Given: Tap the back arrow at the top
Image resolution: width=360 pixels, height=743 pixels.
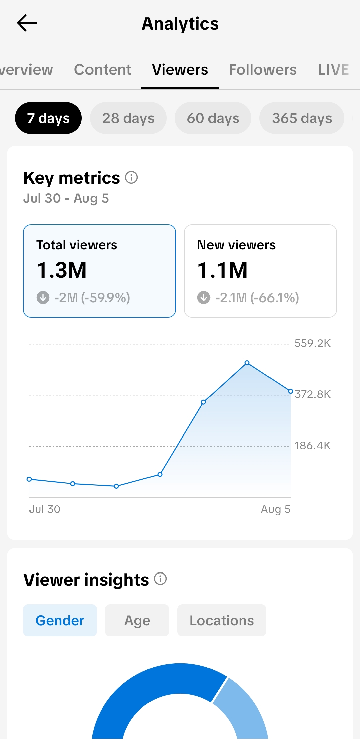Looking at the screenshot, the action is (x=27, y=23).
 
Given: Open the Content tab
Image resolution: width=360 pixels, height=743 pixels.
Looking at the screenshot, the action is (x=103, y=70).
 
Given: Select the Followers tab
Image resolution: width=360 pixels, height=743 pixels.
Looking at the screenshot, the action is (x=263, y=70).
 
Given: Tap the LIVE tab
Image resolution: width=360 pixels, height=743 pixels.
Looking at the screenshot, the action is (x=333, y=70).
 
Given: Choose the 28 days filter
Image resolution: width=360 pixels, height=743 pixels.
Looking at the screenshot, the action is (x=128, y=118).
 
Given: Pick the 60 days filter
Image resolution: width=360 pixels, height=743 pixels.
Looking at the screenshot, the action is (x=213, y=118).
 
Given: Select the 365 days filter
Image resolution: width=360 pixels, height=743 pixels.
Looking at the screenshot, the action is (x=302, y=118).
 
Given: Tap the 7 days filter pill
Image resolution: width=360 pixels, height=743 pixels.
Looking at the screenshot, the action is (x=48, y=118).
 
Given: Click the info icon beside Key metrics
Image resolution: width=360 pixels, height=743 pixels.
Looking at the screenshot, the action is (x=131, y=177).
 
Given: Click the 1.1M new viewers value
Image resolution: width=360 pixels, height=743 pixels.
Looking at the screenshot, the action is (x=222, y=270).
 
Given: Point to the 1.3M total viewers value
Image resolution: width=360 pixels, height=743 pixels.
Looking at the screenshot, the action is (x=62, y=270).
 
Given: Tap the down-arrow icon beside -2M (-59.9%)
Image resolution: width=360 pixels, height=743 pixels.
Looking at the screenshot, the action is (x=43, y=298).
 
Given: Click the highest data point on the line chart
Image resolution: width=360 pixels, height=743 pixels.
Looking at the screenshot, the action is (x=247, y=363).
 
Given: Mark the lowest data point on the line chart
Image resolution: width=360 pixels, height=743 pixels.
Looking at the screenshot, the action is (x=116, y=486).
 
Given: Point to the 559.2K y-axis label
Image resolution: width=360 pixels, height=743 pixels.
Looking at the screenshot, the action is (x=313, y=343).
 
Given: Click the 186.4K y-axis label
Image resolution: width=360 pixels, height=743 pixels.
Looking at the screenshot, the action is (x=313, y=446).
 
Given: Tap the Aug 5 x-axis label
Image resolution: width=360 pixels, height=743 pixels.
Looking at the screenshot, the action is (x=276, y=509).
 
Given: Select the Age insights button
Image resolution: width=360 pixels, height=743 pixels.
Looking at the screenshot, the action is (x=137, y=620).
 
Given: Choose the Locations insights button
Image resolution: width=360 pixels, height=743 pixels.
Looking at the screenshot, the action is (x=222, y=620).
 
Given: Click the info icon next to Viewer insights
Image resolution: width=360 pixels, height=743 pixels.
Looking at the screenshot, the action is (x=160, y=579).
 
